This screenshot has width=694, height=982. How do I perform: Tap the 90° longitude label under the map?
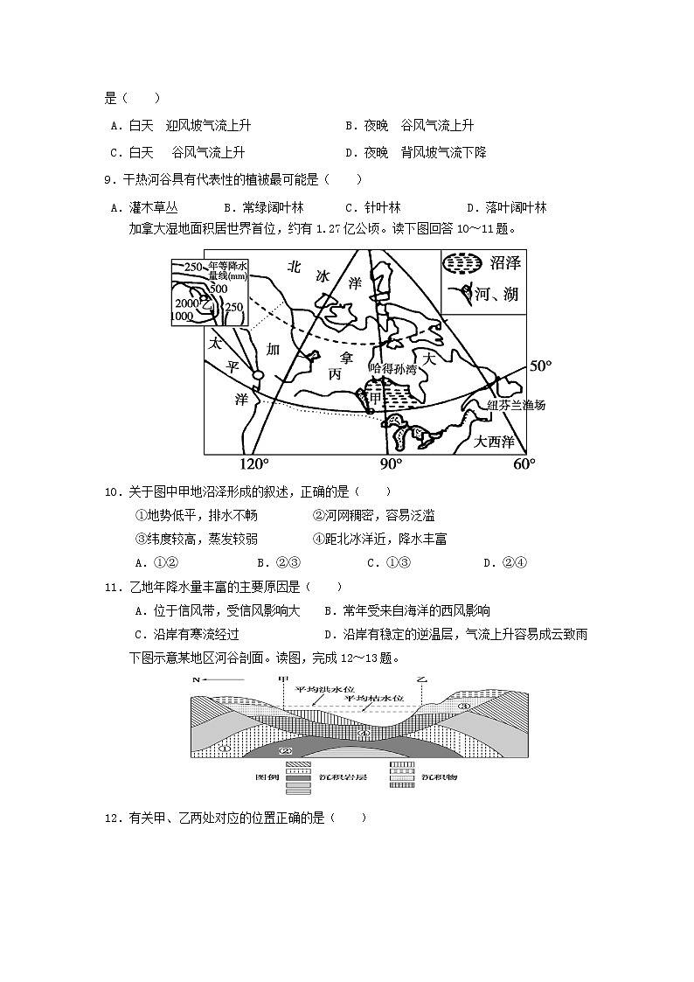point(390,463)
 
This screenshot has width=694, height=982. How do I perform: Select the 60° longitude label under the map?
point(523,463)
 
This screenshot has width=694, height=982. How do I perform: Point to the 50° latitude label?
point(542,365)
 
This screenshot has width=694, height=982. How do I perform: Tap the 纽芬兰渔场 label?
point(515,405)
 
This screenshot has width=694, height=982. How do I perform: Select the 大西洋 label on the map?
point(495,442)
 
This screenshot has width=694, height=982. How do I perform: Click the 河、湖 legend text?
point(496,294)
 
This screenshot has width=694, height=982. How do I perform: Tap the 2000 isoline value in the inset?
point(187,303)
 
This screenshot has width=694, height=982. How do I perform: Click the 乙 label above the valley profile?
point(422,679)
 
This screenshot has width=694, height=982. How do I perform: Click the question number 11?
point(112,586)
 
